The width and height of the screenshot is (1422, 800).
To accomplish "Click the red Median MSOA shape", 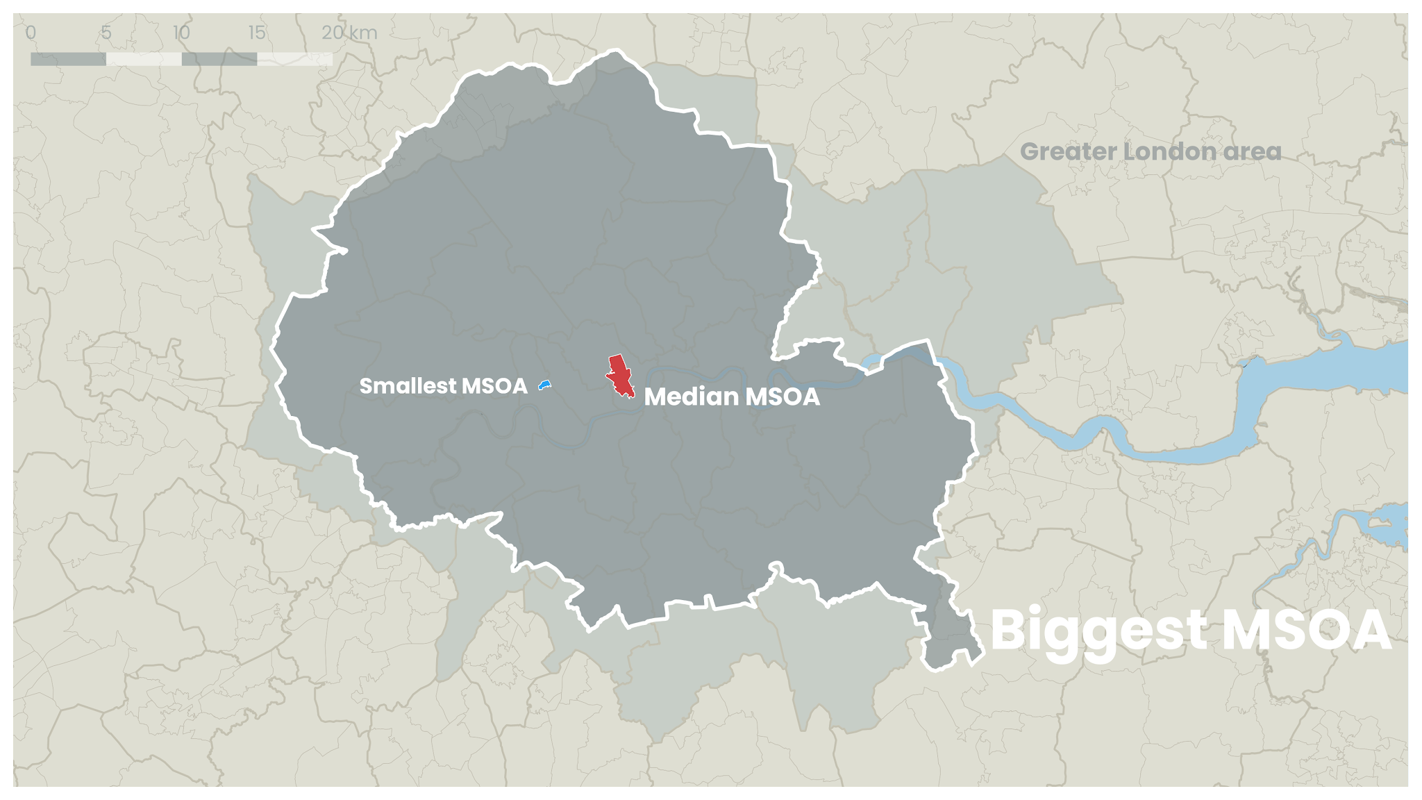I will click(x=619, y=375).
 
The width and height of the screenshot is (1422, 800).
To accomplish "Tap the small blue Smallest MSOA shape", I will click(x=544, y=384).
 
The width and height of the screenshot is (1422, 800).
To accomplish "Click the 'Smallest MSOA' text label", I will click(x=443, y=386).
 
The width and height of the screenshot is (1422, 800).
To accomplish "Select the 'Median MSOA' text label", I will click(x=732, y=397).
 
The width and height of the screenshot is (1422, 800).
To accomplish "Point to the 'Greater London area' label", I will click(x=1151, y=151).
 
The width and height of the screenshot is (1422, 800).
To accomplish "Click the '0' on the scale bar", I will click(x=31, y=33).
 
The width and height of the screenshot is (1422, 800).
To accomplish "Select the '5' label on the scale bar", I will click(x=106, y=33).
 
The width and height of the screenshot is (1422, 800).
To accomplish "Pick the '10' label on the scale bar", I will click(x=181, y=33).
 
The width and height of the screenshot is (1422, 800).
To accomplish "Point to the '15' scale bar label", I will click(x=257, y=33).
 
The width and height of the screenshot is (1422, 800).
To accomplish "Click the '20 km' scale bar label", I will click(x=349, y=33).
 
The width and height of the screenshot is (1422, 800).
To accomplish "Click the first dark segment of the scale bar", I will click(x=68, y=60).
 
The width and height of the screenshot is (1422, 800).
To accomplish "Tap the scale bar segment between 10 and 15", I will click(x=219, y=60).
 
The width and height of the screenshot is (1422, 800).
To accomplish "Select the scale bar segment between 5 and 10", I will click(x=144, y=60).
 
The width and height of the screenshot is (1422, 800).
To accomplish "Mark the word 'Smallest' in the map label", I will click(x=408, y=386).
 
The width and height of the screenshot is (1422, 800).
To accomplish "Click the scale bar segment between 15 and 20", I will click(x=294, y=60).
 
